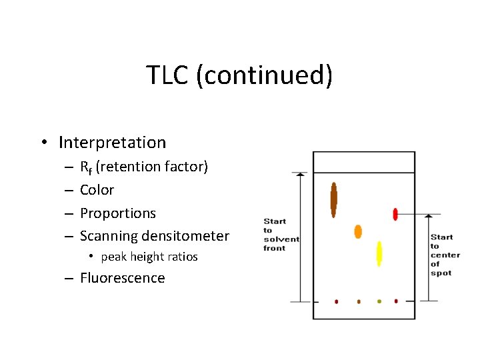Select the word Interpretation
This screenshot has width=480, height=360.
point(112,143)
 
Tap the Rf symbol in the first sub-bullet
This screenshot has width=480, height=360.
point(86,167)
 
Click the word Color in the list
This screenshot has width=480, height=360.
point(97,190)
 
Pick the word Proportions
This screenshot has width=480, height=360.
point(118,213)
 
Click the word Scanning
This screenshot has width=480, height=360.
point(107,236)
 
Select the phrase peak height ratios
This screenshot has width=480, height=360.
point(149,257)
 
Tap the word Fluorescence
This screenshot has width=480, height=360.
point(122,278)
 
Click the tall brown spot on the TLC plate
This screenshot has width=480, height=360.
point(333,199)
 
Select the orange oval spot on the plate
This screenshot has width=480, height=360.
point(358,231)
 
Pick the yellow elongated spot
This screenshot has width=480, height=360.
point(379,253)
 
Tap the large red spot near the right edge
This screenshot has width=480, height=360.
point(395,214)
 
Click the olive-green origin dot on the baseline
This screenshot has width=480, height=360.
point(379,301)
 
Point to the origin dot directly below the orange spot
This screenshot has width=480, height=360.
point(359,301)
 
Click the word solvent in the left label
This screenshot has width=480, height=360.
point(281,239)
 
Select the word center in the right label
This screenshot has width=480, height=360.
point(445,255)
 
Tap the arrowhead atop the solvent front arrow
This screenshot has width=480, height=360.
point(301,175)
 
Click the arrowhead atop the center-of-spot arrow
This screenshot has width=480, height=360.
point(429,217)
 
